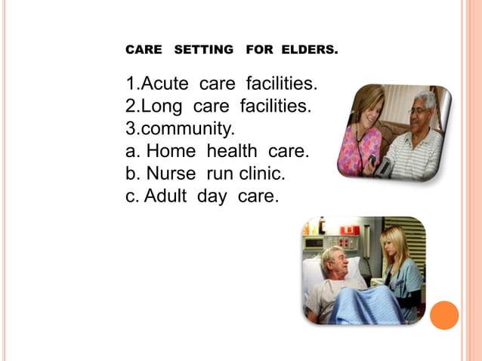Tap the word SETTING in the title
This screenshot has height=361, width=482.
204,51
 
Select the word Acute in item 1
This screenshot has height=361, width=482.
167,82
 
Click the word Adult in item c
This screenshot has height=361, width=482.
167,196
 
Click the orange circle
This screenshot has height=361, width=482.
444,315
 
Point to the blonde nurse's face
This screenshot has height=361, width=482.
397,244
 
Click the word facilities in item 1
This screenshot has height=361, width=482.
279,82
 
